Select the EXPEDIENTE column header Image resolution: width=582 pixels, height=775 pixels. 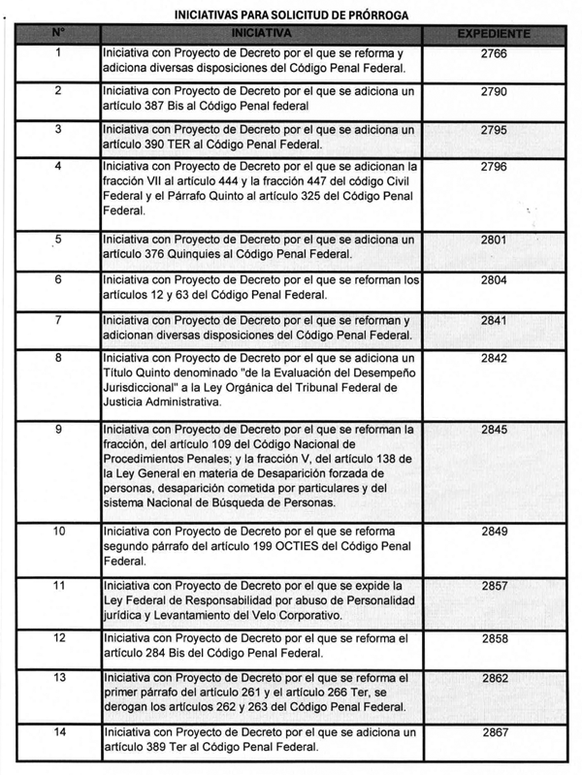tap(494, 35)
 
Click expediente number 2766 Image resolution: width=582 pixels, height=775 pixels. tap(494, 54)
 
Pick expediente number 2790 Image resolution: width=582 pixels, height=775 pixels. tap(494, 91)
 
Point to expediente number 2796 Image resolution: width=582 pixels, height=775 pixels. tap(494, 167)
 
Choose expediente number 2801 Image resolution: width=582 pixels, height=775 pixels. tap(494, 240)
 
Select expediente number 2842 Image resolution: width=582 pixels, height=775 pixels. tap(494, 357)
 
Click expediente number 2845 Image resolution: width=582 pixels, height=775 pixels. tap(494, 430)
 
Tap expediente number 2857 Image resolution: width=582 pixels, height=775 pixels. tap(494, 588)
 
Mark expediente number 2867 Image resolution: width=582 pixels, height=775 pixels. tap(494, 734)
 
